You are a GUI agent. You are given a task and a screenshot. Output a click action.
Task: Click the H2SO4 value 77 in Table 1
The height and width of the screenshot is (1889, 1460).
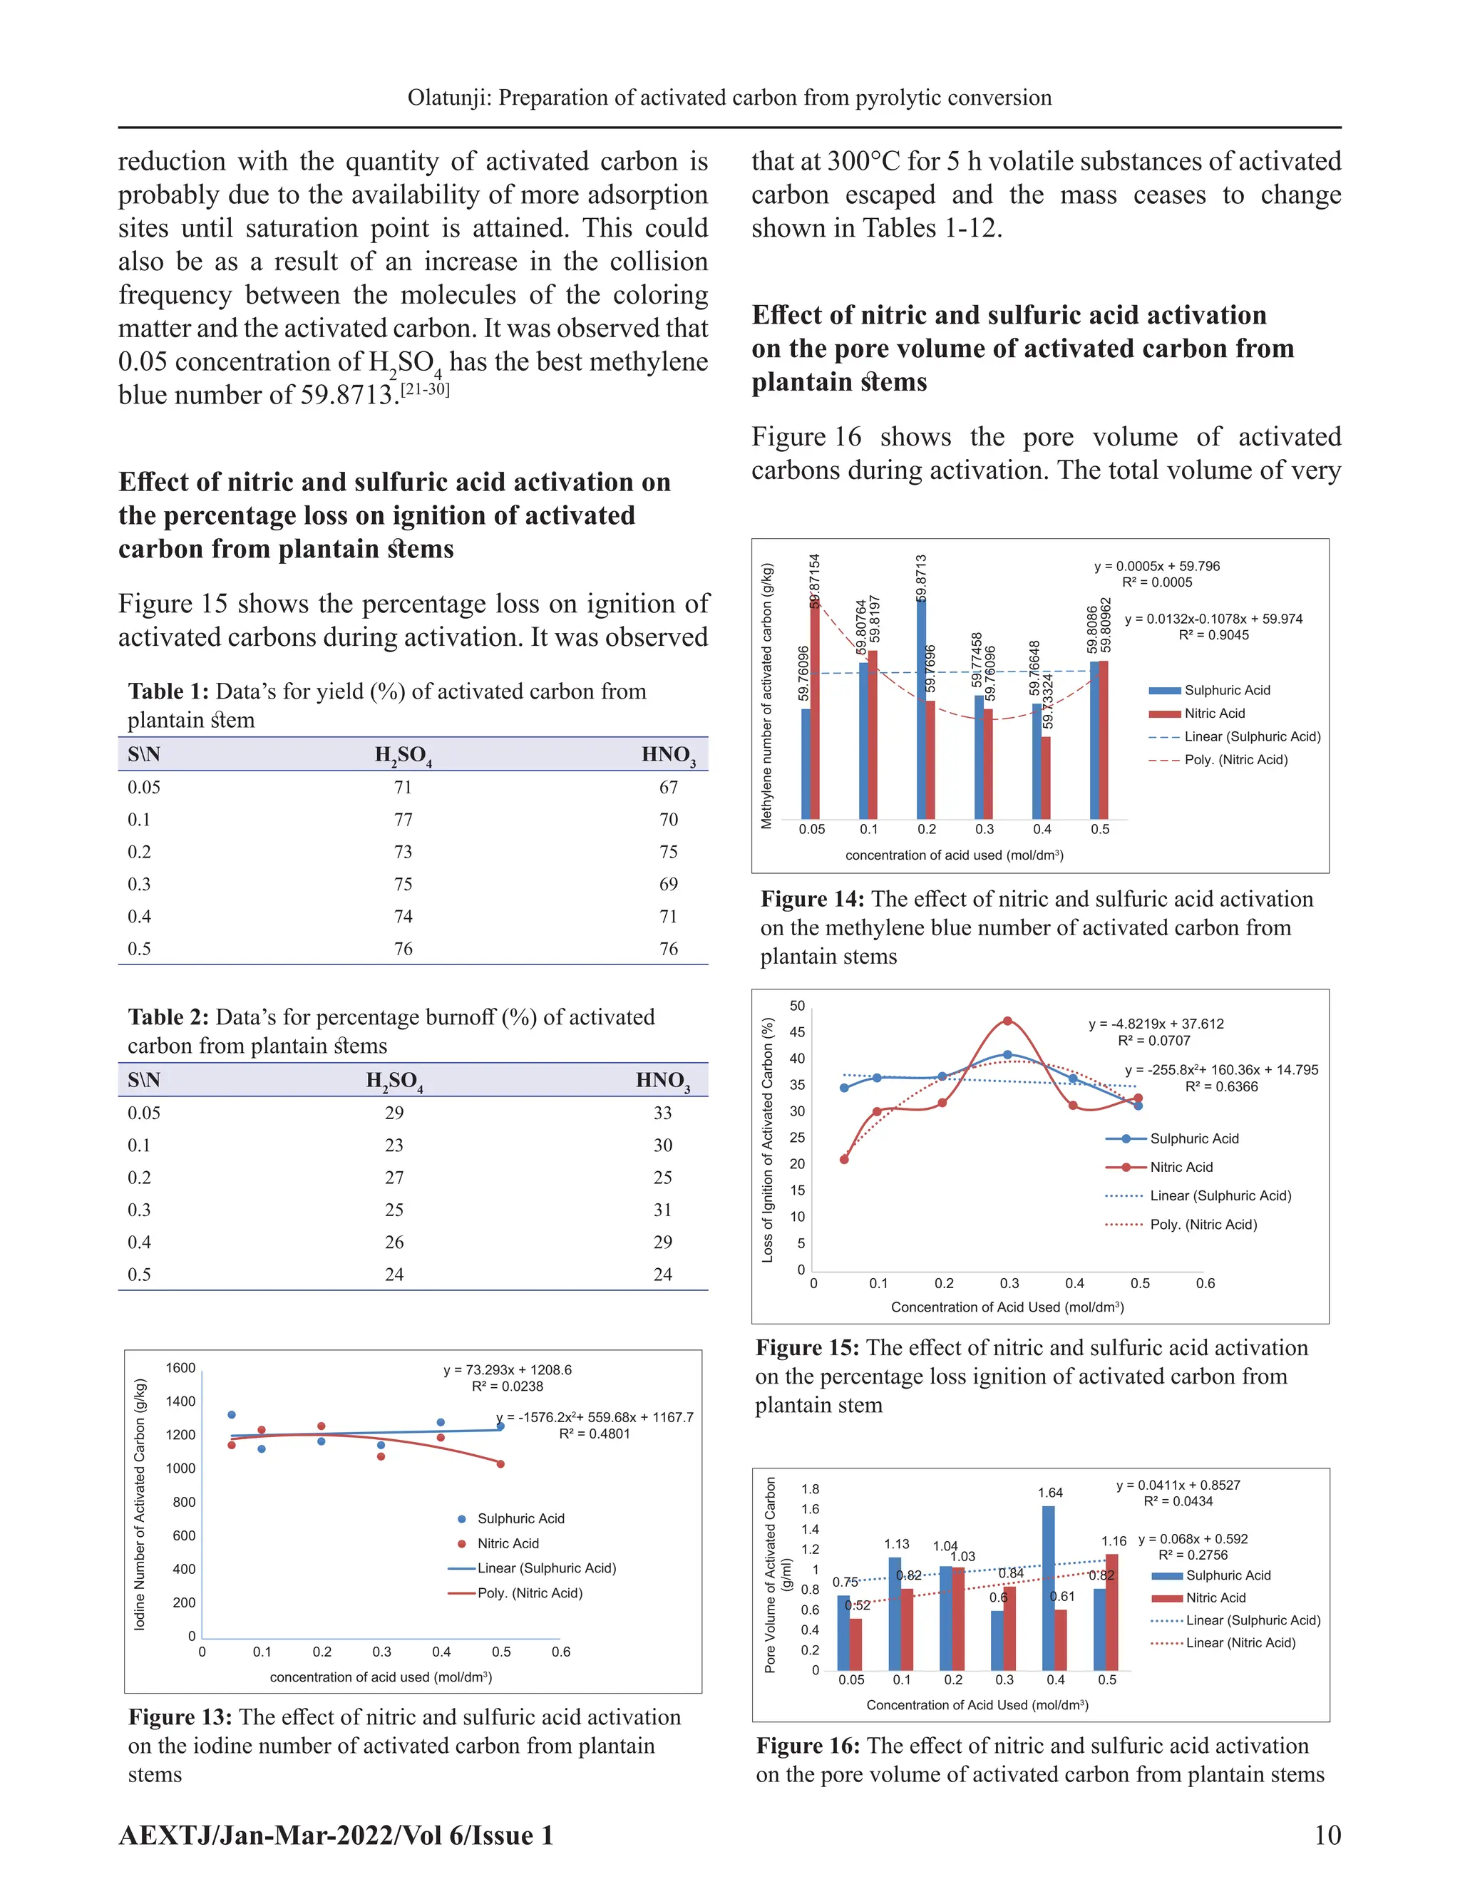pos(403,819)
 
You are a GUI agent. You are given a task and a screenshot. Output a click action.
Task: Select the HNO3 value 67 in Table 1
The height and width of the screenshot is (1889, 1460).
pos(668,787)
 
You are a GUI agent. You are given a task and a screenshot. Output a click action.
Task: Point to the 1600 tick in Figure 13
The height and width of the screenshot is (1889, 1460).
pos(181,1367)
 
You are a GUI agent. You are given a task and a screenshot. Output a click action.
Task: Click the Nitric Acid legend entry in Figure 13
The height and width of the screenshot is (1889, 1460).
pos(508,1543)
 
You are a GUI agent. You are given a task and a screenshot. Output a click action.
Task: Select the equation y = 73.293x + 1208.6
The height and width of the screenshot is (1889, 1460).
pos(508,1370)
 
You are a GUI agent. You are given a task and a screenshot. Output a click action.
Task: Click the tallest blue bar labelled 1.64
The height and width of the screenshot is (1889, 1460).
pos(1048,1587)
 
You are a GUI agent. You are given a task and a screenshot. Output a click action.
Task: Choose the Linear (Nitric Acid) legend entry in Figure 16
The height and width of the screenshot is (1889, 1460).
pos(1240,1642)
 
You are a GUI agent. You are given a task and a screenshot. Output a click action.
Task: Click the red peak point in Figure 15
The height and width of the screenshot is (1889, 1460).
pos(1007,1021)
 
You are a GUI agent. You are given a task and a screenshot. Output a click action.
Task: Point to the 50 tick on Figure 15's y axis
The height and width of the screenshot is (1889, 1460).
pos(796,1006)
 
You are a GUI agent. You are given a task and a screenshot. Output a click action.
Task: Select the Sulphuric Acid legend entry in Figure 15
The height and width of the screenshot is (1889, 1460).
pos(1193,1138)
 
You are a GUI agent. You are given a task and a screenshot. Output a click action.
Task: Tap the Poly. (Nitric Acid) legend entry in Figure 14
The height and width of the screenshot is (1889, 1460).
pos(1235,759)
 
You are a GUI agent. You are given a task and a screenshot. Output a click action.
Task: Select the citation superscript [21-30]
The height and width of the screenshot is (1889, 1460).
pos(425,389)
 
